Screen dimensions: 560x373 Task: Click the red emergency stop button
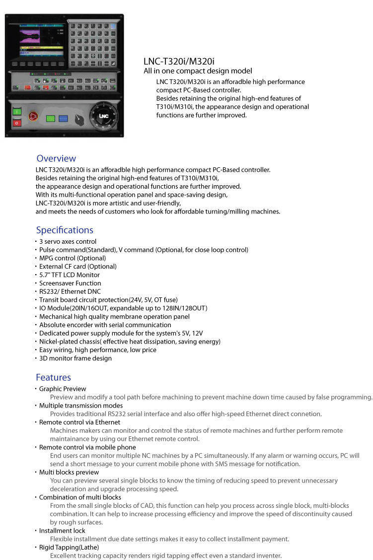click(x=33, y=116)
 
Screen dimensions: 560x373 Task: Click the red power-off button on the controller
click(x=17, y=123)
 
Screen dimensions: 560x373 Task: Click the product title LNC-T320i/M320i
click(x=179, y=62)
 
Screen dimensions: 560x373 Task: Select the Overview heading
click(x=56, y=158)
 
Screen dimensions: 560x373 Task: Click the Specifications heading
click(x=65, y=230)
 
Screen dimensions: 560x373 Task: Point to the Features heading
click(x=53, y=377)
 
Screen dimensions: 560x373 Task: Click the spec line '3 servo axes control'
click(x=68, y=241)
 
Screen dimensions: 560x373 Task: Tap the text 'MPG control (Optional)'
click(x=73, y=258)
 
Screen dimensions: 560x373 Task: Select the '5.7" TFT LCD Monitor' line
click(x=70, y=275)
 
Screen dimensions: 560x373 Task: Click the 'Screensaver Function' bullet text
click(x=70, y=283)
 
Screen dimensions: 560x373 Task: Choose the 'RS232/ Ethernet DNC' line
click(x=70, y=291)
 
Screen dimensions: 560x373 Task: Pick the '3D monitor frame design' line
click(x=75, y=358)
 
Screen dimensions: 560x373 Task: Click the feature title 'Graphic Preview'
click(x=63, y=389)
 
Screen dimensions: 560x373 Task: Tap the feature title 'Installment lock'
click(x=62, y=531)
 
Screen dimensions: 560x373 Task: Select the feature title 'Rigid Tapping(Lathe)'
click(x=69, y=547)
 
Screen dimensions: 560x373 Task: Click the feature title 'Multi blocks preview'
click(x=69, y=472)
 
